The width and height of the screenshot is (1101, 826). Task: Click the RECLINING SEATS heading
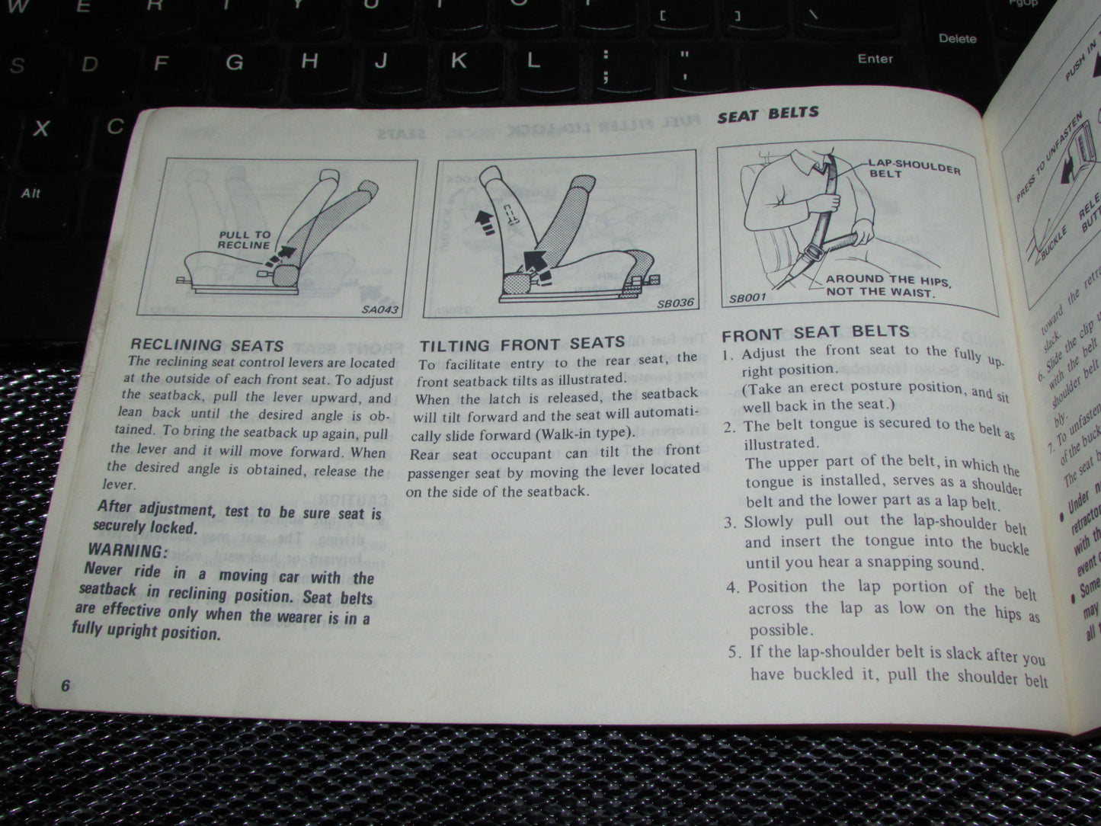(206, 345)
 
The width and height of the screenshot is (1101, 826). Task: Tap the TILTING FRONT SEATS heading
(522, 344)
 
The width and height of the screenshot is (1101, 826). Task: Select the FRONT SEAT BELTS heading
(815, 333)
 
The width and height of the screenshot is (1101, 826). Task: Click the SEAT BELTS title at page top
(767, 114)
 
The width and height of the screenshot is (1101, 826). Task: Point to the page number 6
(66, 685)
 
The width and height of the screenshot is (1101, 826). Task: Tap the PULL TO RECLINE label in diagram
(244, 240)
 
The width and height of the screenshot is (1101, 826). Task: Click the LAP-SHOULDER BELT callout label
(914, 169)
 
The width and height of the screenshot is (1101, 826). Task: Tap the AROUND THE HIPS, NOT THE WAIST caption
(888, 285)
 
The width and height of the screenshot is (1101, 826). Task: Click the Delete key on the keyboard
(957, 38)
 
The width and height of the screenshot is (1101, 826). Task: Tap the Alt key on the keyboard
(31, 193)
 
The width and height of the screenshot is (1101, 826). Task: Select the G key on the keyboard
(235, 62)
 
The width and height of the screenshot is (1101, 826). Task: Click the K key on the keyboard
(458, 60)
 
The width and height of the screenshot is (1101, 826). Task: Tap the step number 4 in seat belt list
(733, 587)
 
